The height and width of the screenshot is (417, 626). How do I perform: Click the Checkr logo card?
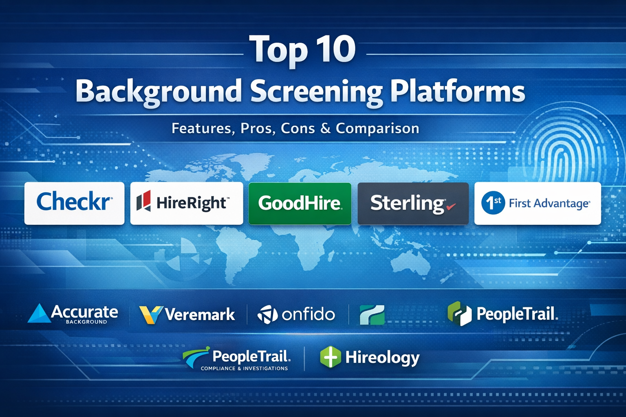click(x=74, y=203)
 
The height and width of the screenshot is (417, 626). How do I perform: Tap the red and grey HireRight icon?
click(x=143, y=200)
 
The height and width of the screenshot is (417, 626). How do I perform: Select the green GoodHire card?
click(x=300, y=203)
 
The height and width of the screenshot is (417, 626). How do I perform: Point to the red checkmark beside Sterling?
click(x=451, y=206)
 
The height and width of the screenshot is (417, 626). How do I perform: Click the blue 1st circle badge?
click(x=493, y=202)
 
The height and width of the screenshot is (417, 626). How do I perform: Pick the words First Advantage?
click(x=549, y=203)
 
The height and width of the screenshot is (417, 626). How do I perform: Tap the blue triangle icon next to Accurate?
click(x=40, y=313)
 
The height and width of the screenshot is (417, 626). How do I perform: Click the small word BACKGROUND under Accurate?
click(x=86, y=322)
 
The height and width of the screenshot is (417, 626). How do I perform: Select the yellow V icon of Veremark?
click(x=151, y=315)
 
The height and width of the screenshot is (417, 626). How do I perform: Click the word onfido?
click(x=308, y=315)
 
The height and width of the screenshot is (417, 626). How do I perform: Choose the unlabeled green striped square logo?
click(x=372, y=315)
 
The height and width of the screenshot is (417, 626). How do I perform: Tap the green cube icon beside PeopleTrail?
click(x=459, y=314)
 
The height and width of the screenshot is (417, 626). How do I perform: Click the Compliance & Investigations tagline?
click(x=244, y=369)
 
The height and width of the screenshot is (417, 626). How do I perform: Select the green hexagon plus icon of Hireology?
click(x=331, y=357)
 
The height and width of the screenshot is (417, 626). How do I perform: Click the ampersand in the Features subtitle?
click(x=326, y=128)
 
